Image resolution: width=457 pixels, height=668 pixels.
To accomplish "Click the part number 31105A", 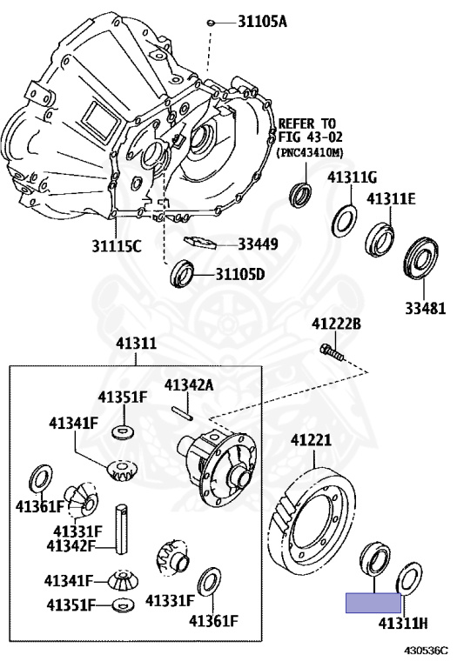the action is point(262,21).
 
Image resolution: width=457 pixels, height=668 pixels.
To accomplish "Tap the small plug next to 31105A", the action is point(210,22).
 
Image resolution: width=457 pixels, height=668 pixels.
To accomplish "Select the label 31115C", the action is point(117,245).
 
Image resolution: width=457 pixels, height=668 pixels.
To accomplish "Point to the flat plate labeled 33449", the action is point(200,242).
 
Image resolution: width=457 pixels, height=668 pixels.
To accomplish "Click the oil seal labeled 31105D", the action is point(182,273).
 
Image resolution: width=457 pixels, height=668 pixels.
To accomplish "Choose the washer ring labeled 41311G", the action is point(345,221).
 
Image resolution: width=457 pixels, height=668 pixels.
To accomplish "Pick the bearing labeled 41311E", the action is point(380,239).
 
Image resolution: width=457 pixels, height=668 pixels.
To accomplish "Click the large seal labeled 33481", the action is point(420,259).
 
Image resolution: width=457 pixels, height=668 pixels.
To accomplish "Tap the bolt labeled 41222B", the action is point(332,352).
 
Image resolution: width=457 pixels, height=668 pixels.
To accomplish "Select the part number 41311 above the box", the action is point(136,344).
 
